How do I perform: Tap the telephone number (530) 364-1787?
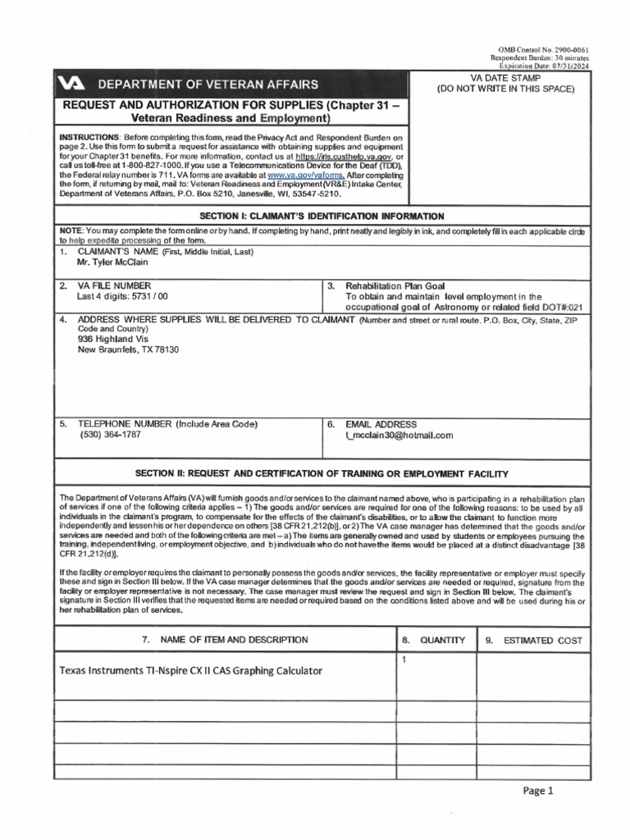pos(110,436)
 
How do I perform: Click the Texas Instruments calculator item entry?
pos(190,670)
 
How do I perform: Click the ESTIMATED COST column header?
pos(542,640)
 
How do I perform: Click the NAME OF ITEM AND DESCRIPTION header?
pos(222,640)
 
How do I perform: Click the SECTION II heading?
pos(316,474)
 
